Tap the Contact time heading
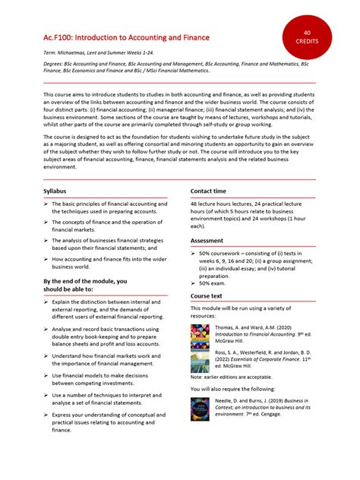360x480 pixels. tap(208, 191)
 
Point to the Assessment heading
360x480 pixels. tap(207, 240)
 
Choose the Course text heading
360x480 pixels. tap(207, 295)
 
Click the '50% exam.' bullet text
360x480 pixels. tap(216, 283)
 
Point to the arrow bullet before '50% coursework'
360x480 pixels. tap(194, 252)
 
